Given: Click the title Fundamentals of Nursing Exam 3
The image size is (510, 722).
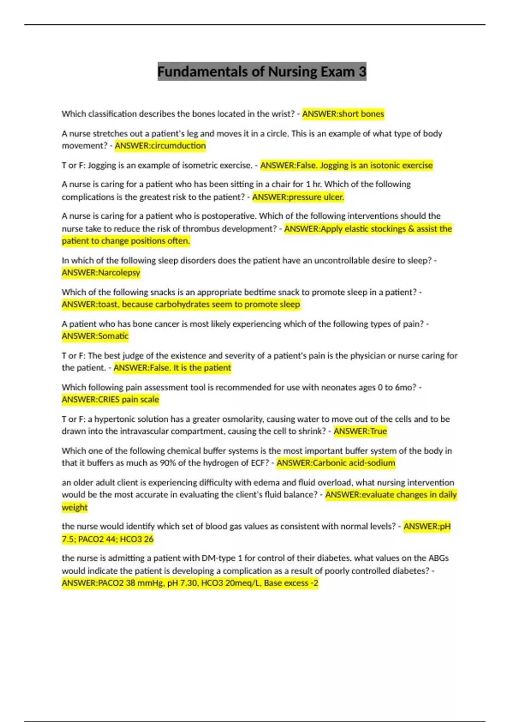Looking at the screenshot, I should click(x=262, y=72).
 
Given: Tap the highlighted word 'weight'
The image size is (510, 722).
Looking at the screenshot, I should click(x=74, y=508).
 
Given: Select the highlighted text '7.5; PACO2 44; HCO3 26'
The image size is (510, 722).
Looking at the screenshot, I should click(x=108, y=539).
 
